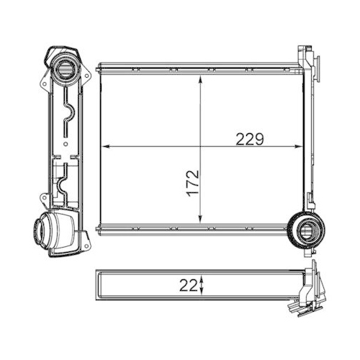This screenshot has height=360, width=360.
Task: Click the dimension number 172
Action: point(192,186)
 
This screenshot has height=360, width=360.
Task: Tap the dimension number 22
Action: point(188,284)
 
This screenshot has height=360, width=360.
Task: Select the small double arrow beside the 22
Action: point(202,284)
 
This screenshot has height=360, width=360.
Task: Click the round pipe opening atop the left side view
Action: point(63,72)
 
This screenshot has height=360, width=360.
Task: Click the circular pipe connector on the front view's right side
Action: point(305,231)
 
